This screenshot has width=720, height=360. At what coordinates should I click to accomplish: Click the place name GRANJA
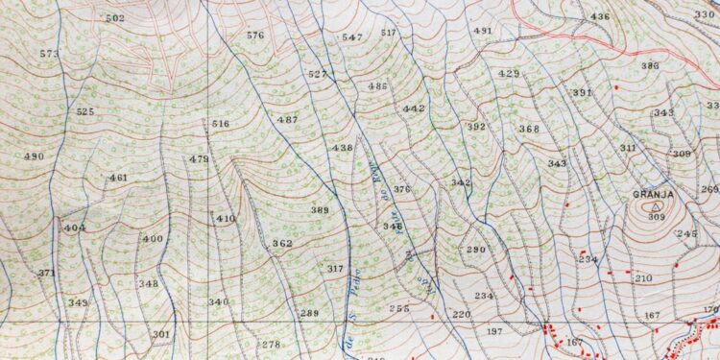(x=653, y=195)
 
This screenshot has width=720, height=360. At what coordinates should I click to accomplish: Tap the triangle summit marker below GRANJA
(x=657, y=205)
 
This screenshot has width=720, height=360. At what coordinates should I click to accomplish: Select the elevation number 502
(x=115, y=18)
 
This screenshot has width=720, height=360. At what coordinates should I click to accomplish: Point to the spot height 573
(x=50, y=54)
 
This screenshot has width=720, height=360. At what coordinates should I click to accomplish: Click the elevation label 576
(x=254, y=36)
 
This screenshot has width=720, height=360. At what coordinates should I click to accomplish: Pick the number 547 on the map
(x=352, y=36)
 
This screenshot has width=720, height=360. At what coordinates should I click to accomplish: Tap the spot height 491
(x=483, y=31)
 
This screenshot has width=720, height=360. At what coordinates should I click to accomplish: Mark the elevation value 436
(x=600, y=16)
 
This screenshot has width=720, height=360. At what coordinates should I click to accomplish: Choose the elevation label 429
(x=509, y=74)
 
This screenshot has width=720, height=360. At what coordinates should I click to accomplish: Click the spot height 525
(x=85, y=111)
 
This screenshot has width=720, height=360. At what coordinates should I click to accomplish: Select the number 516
(x=221, y=124)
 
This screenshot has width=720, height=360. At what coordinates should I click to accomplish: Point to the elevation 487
(x=287, y=119)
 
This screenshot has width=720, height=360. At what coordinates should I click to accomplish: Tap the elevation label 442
(x=414, y=108)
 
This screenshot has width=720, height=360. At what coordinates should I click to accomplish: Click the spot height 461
(x=118, y=178)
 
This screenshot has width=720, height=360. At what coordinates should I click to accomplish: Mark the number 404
(x=75, y=228)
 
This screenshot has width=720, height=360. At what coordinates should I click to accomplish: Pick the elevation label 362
(x=282, y=244)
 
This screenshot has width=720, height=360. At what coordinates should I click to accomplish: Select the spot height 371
(x=47, y=274)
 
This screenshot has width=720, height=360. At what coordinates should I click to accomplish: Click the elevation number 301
(x=161, y=334)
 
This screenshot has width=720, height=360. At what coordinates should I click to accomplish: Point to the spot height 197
(x=494, y=331)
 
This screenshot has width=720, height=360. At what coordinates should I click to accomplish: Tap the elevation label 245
(x=686, y=234)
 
